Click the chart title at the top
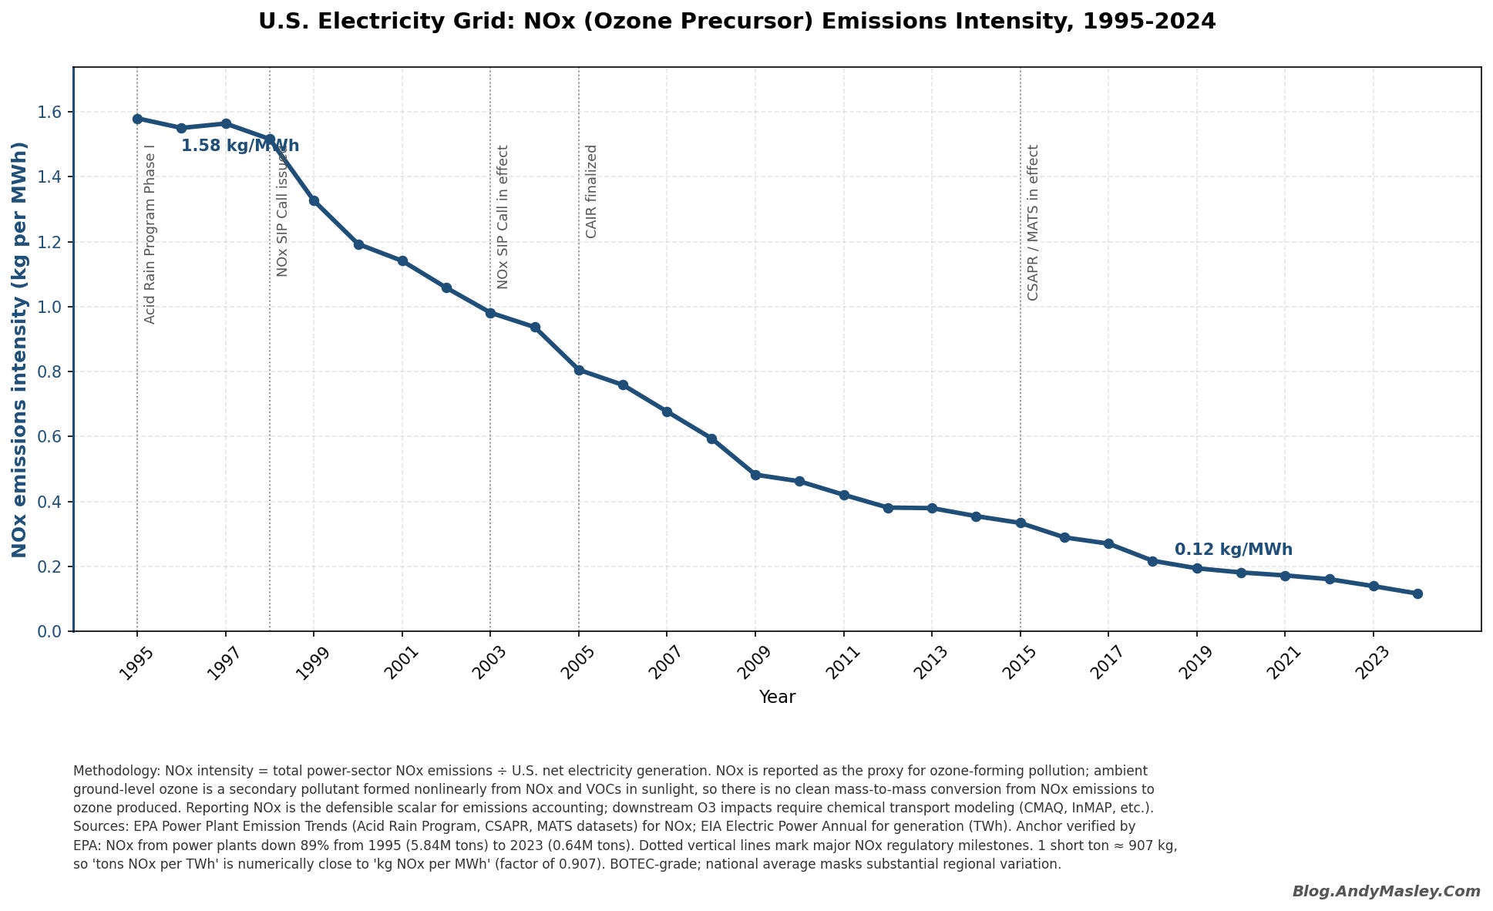pyautogui.click(x=737, y=22)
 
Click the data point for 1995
pyautogui.click(x=137, y=119)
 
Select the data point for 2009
pyautogui.click(x=755, y=475)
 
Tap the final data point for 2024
pyautogui.click(x=1417, y=593)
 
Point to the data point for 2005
pyautogui.click(x=579, y=370)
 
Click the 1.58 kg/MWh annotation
pyautogui.click(x=240, y=146)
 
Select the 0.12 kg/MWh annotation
pyautogui.click(x=1233, y=550)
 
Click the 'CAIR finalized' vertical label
pyautogui.click(x=591, y=191)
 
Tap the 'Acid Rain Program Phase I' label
pyautogui.click(x=150, y=234)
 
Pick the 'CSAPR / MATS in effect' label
pyautogui.click(x=1033, y=223)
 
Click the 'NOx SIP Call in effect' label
pyautogui.click(x=503, y=217)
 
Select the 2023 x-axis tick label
pyautogui.click(x=1373, y=663)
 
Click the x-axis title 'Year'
pyautogui.click(x=777, y=698)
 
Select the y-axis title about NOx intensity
pyautogui.click(x=20, y=349)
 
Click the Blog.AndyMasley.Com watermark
pyautogui.click(x=1387, y=892)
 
